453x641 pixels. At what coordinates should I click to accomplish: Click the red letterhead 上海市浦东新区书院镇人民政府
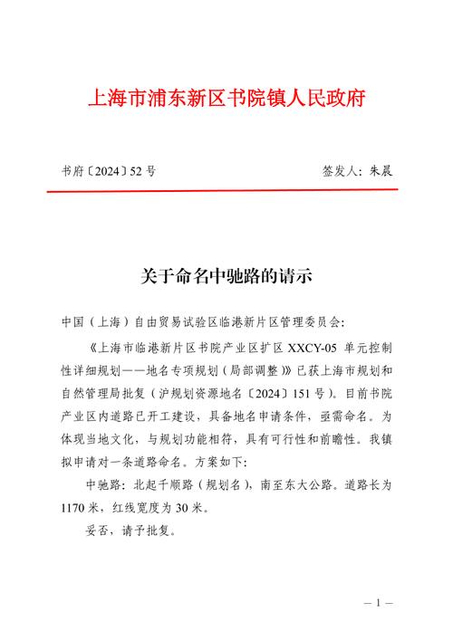point(226,98)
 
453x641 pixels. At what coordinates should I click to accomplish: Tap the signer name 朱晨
point(380,170)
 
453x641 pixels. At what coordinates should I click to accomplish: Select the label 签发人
point(340,170)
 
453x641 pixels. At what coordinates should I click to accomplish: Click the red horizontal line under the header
point(226,191)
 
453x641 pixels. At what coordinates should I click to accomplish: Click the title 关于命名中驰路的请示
point(226,276)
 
